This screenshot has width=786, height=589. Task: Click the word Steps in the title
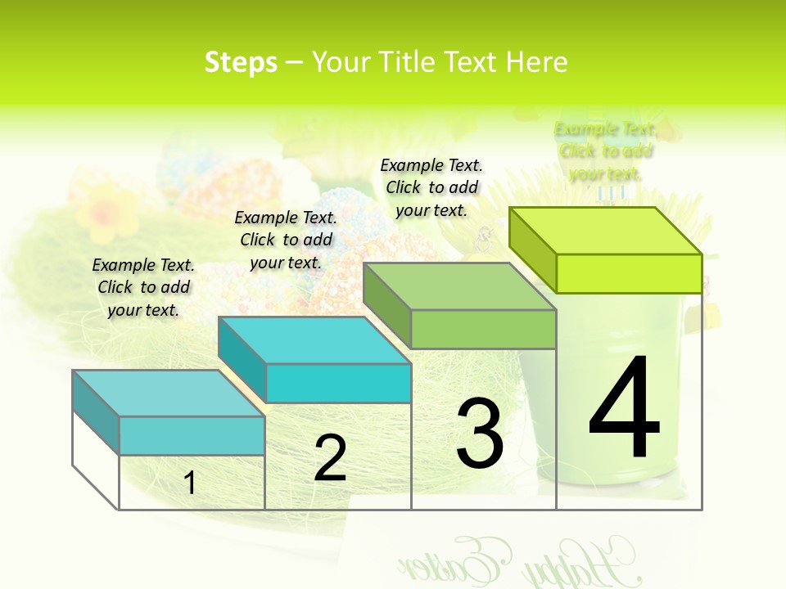241,62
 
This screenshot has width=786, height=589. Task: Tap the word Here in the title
536,62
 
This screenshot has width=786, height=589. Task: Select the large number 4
624,409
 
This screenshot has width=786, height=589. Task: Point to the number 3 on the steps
480,434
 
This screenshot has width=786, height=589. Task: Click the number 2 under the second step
330,458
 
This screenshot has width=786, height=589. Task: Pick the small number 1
190,483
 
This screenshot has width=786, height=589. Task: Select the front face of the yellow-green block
629,273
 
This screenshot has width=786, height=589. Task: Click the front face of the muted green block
483,330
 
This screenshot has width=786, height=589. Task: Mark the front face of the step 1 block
192,435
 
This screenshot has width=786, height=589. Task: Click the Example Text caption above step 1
143,287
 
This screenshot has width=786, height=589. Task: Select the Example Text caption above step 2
286,240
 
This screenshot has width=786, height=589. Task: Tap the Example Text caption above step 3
431,187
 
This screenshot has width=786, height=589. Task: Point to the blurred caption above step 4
606,151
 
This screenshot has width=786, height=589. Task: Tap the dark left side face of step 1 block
96,412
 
